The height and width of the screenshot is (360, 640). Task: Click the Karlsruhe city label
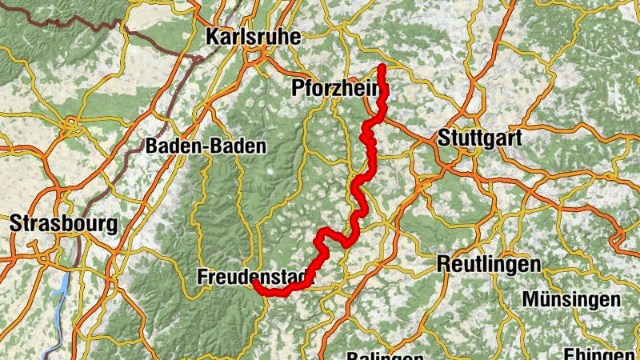252,37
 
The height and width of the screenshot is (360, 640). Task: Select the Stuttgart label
480,138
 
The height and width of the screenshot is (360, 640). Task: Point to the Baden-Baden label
206,146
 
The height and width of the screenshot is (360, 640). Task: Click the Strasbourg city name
63,224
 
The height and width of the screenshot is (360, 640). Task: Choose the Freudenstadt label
252,278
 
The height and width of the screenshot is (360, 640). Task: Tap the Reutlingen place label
489,264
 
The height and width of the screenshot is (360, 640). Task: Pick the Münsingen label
571,299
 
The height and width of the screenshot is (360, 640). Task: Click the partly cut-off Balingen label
385,356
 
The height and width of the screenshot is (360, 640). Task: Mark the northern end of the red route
382,67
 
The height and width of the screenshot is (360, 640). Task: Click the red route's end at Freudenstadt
254,282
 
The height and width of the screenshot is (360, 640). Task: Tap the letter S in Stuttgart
444,138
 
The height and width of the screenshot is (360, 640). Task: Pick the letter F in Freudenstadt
201,278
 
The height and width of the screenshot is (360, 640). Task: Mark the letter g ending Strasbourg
112,226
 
